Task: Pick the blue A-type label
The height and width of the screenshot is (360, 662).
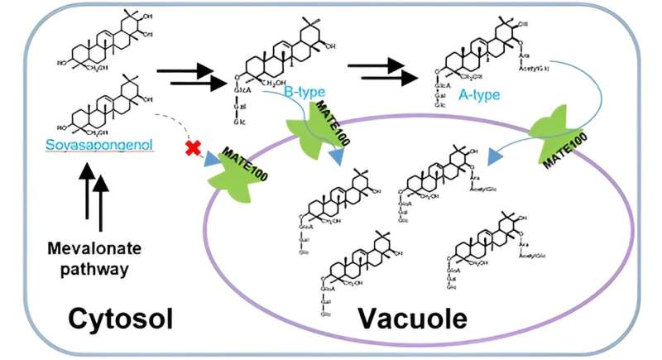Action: point(480,95)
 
